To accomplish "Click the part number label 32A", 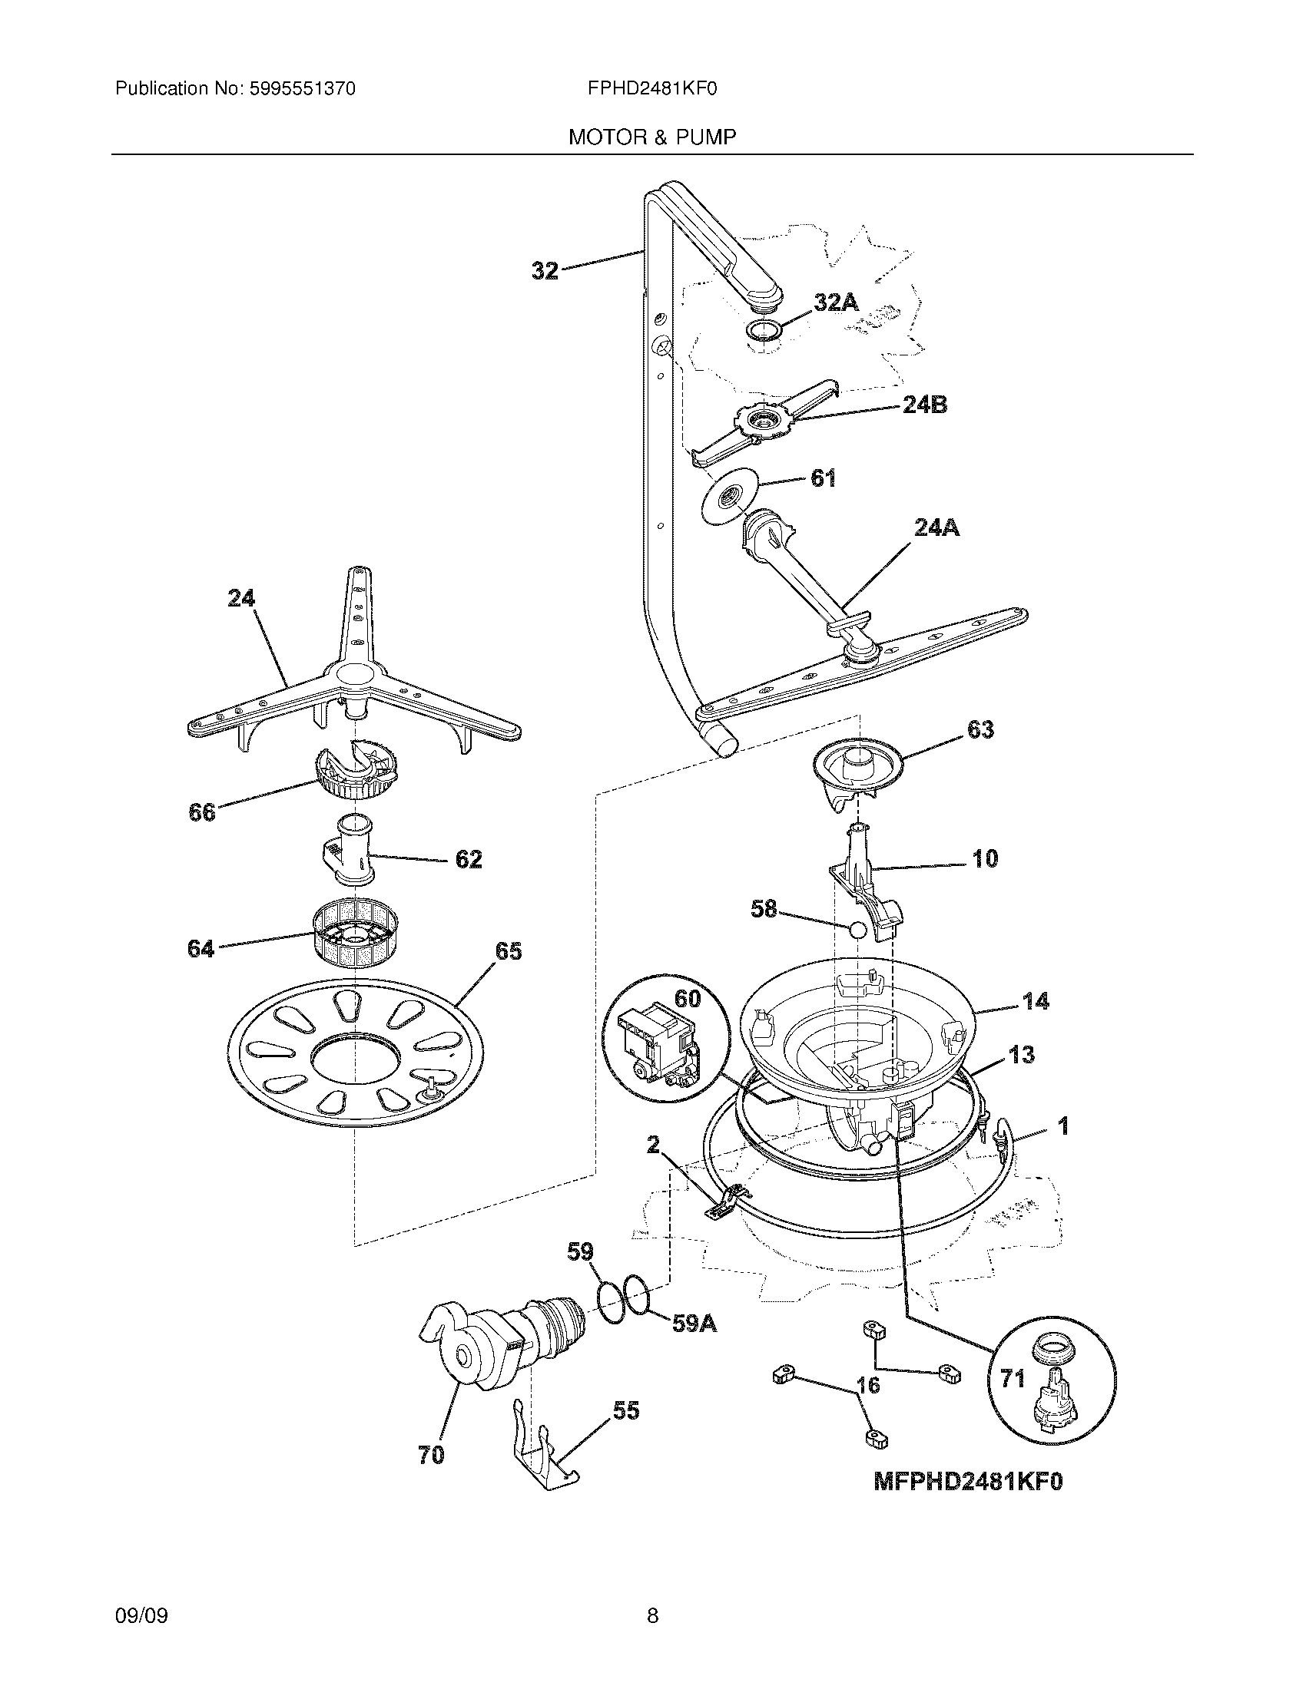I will click(836, 302).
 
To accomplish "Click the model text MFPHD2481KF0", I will click(968, 1481).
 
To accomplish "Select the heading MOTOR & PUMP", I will click(652, 137).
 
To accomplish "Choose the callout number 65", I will click(509, 951).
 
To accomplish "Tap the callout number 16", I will click(868, 1385).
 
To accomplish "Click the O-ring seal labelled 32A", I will click(763, 331).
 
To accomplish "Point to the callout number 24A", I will click(936, 527).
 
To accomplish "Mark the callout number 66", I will click(202, 812).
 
